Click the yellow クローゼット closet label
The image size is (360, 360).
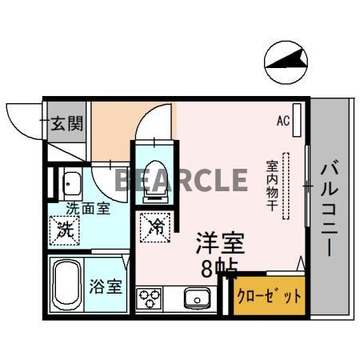(x=270, y=296)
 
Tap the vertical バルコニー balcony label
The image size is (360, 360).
(x=329, y=208)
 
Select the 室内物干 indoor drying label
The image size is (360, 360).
(x=272, y=184)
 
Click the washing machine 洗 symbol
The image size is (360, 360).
(x=65, y=230)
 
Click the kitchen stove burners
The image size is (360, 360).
(x=150, y=298)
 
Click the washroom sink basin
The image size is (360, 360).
(x=70, y=184)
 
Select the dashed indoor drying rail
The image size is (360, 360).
(x=290, y=184)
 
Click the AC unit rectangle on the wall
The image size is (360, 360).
(x=298, y=120)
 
